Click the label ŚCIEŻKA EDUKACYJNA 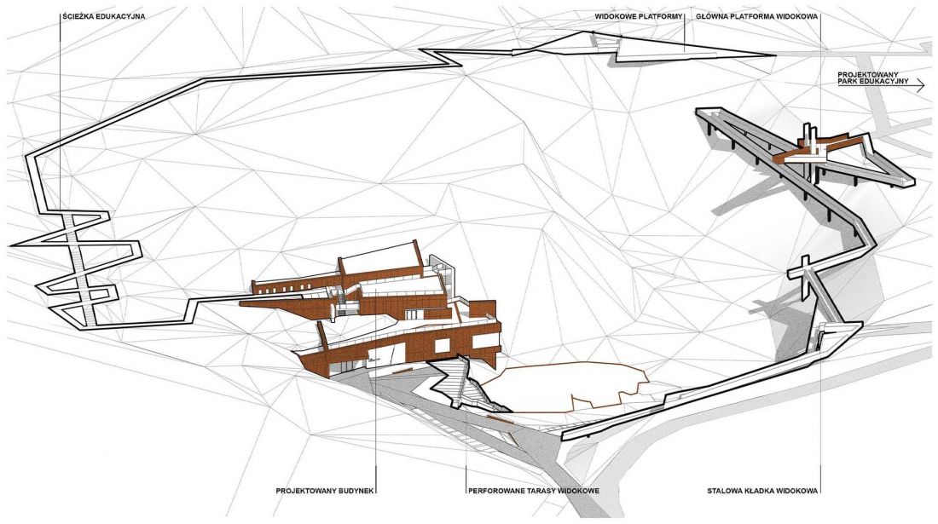click(103, 17)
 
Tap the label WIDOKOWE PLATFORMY click(639, 17)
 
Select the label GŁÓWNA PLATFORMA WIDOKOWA click(756, 17)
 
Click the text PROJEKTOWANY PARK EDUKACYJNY click(873, 78)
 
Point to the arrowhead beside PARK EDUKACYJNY click(920, 87)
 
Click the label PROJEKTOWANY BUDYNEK click(325, 491)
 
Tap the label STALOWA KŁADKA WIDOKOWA click(762, 491)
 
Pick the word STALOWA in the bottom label click(724, 491)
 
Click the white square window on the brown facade click(443, 347)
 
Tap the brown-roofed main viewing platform click(819, 150)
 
